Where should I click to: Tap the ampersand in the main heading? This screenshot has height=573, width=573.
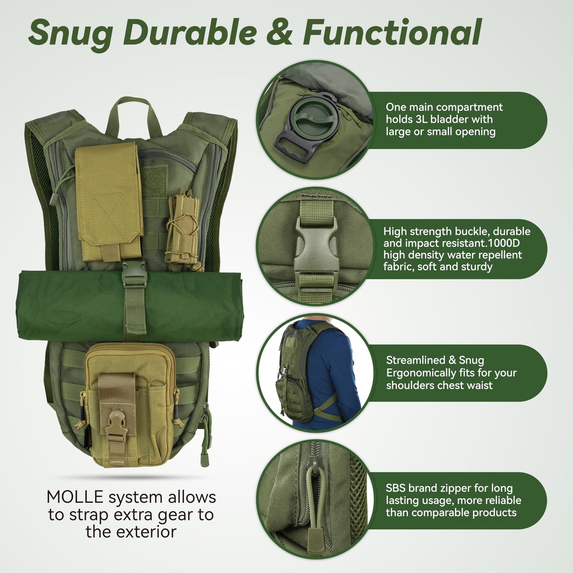pyautogui.click(x=279, y=32)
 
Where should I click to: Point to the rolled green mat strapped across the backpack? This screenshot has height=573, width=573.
pyautogui.click(x=71, y=305)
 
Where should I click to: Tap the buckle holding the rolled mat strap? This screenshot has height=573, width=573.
pyautogui.click(x=134, y=274)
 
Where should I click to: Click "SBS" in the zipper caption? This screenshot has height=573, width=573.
pyautogui.click(x=395, y=488)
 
